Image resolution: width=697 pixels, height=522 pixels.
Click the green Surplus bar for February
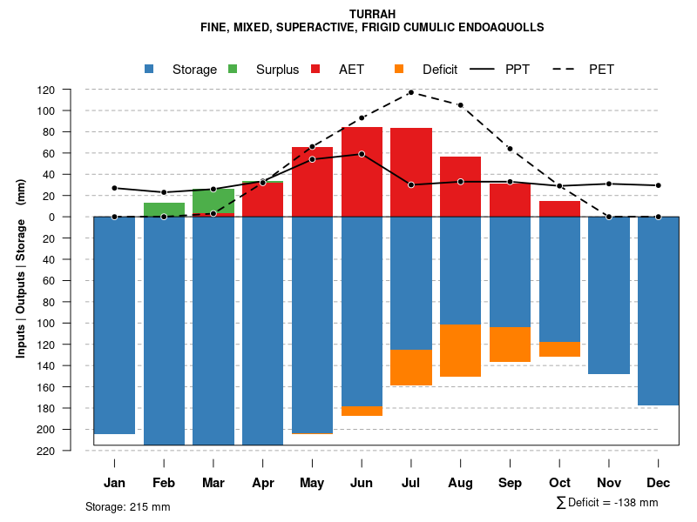(164, 210)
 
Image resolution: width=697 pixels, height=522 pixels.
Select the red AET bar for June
(362, 171)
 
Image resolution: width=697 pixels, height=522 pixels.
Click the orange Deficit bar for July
(411, 367)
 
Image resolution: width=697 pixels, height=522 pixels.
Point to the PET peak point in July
(411, 92)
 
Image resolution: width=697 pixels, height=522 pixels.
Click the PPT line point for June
(362, 154)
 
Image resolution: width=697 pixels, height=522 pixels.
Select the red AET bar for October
(560, 209)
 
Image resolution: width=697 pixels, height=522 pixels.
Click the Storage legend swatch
(150, 69)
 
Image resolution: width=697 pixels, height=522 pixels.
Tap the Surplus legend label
(277, 70)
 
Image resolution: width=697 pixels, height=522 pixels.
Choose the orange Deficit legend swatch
(399, 69)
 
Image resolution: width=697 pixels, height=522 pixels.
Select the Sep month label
(511, 483)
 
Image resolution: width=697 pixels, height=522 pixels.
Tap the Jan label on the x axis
(114, 483)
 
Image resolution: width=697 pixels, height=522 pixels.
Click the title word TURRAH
(372, 14)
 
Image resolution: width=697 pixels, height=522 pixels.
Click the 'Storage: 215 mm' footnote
(128, 506)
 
